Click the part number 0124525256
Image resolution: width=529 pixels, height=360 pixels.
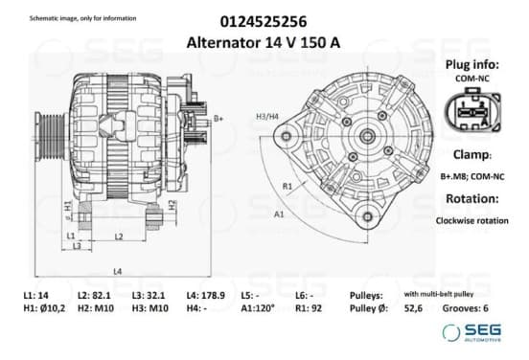[264, 22]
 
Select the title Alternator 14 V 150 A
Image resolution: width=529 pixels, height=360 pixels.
[264, 43]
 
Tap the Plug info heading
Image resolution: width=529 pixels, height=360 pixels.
[472, 64]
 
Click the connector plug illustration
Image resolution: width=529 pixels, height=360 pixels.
[472, 109]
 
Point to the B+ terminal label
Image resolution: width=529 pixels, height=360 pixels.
[218, 119]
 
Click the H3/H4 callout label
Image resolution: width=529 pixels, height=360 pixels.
[267, 117]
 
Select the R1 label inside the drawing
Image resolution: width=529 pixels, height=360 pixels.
[287, 186]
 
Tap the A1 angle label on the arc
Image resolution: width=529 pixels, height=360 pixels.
[279, 214]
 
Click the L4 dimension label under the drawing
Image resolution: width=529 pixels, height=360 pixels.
[118, 271]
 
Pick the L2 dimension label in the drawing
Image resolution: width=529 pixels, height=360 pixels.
[119, 236]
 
